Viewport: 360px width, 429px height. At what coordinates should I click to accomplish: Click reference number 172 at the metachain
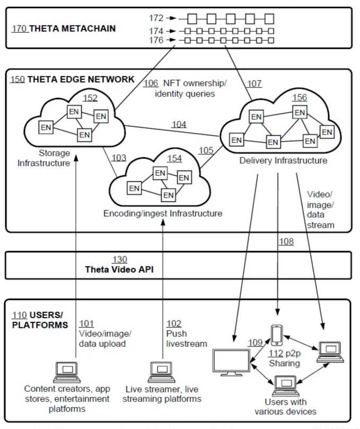pyautogui.click(x=156, y=19)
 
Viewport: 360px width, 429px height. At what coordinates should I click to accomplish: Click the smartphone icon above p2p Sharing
pyautogui.click(x=276, y=335)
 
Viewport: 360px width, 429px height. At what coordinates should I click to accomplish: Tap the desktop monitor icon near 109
pyautogui.click(x=231, y=362)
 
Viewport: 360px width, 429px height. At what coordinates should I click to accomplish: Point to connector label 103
pyautogui.click(x=119, y=157)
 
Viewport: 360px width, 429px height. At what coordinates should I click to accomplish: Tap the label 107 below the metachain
pyautogui.click(x=254, y=83)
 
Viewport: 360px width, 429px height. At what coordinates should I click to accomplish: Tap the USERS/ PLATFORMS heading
pyautogui.click(x=40, y=319)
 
